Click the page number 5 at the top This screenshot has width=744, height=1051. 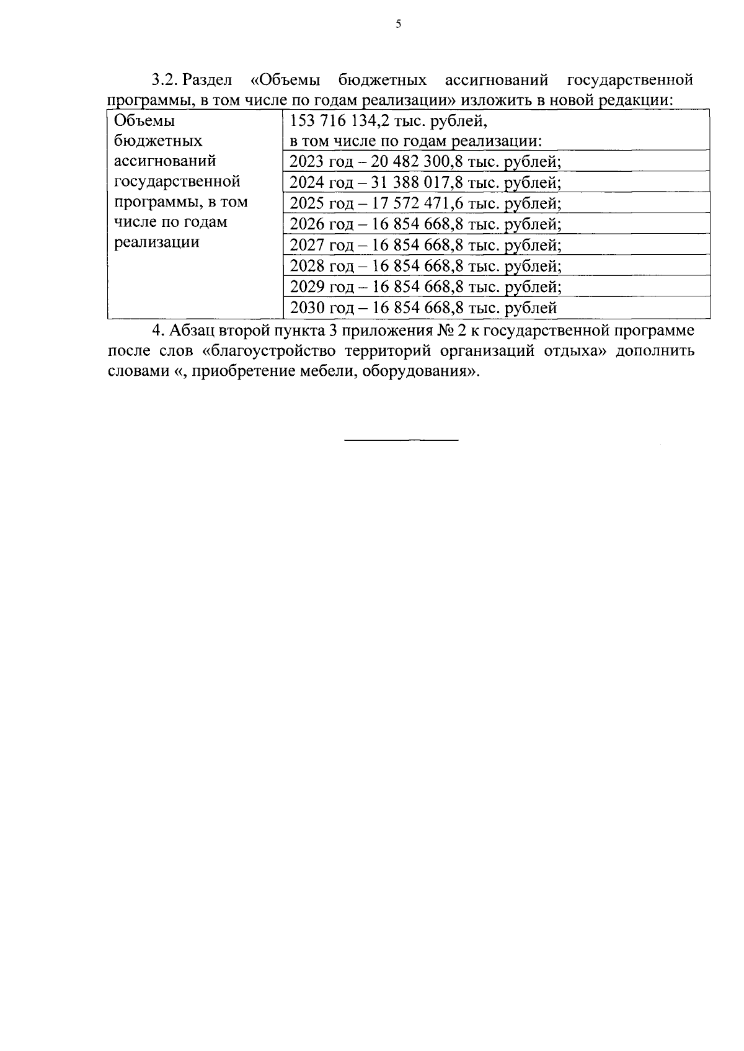coord(398,24)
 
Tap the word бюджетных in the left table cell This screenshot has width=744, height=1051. coord(158,141)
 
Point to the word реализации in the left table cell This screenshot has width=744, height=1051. coord(157,242)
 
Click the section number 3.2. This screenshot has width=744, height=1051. coord(165,81)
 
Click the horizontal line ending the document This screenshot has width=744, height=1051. coord(401,440)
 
